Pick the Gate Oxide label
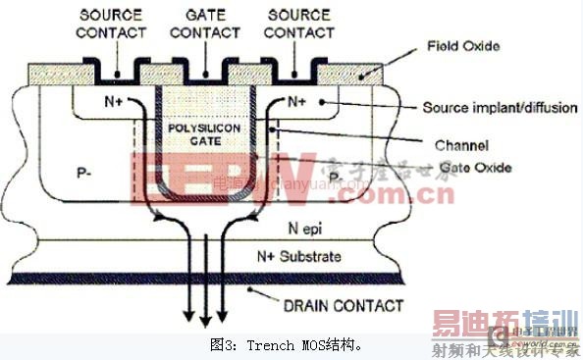(x=475, y=168)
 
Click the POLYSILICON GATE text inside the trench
(x=203, y=134)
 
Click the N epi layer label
(x=311, y=224)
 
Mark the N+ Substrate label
(x=299, y=256)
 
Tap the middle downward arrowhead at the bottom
(x=203, y=325)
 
